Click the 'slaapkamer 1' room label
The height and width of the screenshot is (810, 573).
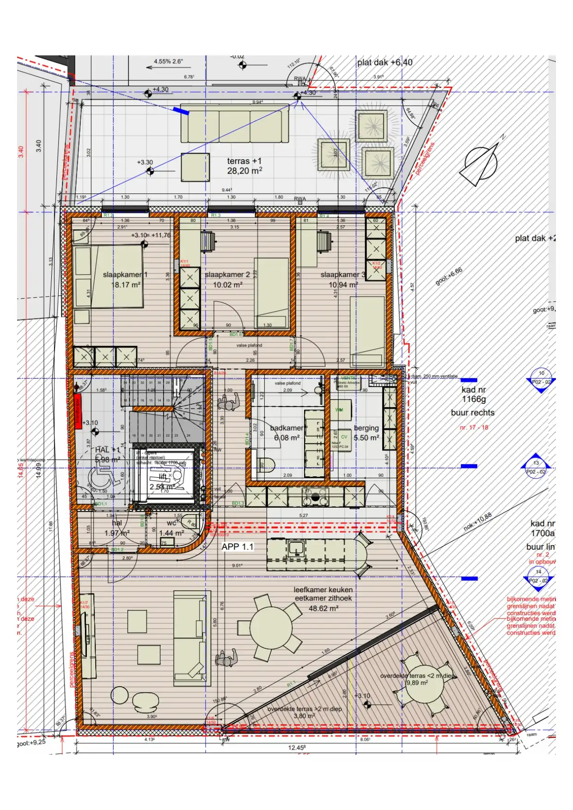125,275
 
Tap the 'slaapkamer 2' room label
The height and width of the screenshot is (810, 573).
227,275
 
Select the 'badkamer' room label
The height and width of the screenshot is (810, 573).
286,428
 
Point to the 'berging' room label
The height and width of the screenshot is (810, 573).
366,428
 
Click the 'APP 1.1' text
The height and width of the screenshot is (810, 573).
238,546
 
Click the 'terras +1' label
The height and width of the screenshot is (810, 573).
244,161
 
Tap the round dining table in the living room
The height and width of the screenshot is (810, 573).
270,628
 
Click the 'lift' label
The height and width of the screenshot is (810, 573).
163,476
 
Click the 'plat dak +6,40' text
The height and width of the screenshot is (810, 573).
384,62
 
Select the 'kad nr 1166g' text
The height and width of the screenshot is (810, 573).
473,394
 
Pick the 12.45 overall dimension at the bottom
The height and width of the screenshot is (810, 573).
297,747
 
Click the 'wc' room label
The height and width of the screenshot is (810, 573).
171,523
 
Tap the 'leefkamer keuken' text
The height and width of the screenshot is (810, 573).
323,590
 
